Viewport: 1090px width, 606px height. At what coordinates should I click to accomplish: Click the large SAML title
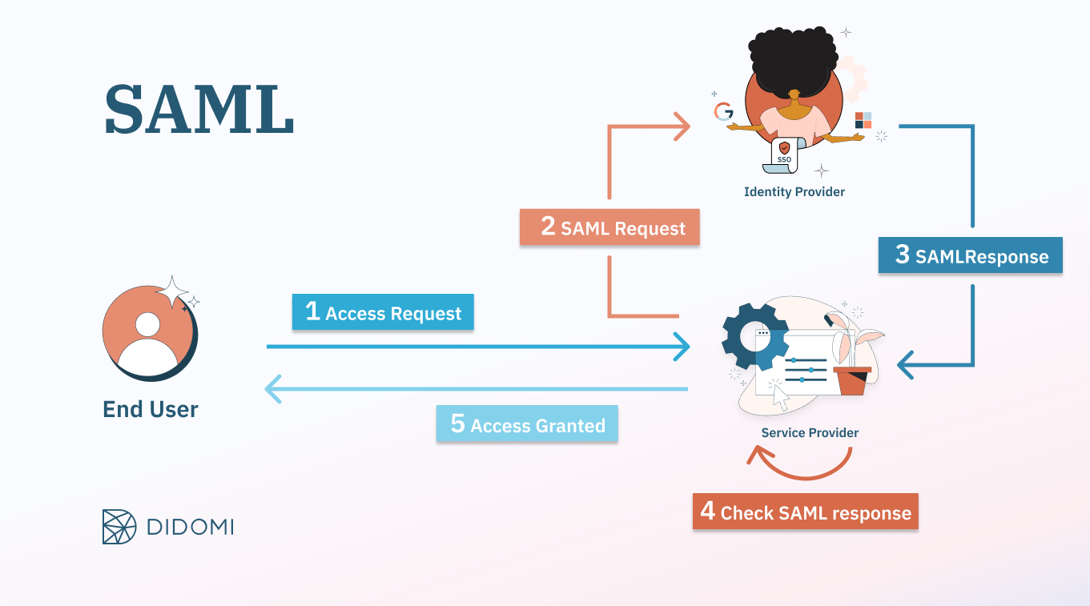pos(199,109)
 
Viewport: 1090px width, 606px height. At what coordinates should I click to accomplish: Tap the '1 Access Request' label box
pos(383,313)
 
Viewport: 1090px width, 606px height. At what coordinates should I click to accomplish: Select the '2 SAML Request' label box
pos(609,227)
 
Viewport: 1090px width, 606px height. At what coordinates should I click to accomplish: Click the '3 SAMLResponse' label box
pos(970,255)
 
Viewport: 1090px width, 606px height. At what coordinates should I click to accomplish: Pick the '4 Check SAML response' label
pos(805,512)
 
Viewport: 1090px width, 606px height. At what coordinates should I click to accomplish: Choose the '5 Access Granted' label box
pos(527,424)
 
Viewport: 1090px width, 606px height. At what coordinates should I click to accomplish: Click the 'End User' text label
pos(151,409)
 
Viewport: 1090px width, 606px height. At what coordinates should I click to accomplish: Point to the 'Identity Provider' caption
pos(794,192)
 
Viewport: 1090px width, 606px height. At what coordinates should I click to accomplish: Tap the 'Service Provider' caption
pos(810,432)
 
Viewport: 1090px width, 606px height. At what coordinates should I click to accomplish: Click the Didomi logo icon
pos(120,526)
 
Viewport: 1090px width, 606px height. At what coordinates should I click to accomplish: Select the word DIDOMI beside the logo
pos(191,527)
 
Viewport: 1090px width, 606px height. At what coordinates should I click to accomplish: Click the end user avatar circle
pos(148,330)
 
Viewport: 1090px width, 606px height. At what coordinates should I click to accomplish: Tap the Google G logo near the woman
pos(724,111)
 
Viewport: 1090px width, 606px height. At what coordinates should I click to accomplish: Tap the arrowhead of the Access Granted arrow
pos(273,390)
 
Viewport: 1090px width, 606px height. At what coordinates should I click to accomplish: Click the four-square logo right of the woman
pos(863,120)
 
